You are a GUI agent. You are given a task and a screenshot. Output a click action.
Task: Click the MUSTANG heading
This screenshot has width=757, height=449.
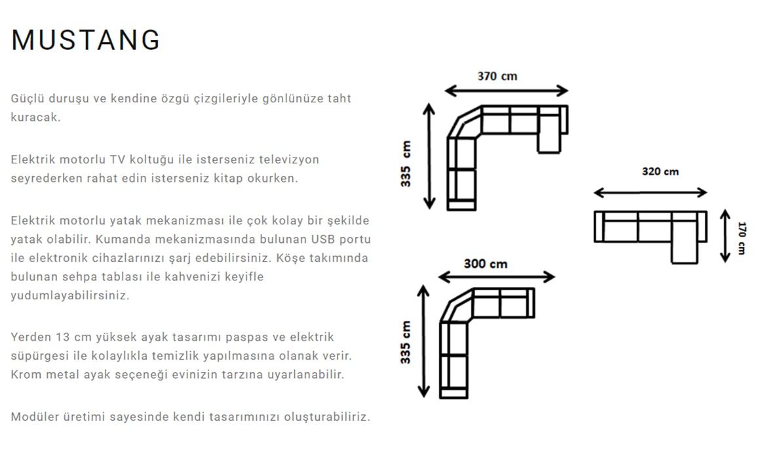[86, 40]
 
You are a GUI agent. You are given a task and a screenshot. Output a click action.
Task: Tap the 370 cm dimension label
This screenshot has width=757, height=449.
[497, 76]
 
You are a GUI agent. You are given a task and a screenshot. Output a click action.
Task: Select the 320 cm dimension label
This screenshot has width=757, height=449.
[660, 172]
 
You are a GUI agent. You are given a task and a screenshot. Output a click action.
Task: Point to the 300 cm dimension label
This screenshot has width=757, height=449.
[485, 264]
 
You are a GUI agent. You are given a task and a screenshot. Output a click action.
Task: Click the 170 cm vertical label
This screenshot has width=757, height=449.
[741, 238]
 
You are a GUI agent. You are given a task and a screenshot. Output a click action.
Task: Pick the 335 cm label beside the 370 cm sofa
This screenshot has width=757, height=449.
[406, 164]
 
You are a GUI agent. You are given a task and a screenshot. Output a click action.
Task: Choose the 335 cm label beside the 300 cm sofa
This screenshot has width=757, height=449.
[406, 342]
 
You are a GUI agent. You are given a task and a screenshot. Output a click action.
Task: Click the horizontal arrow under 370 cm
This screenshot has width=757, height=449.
[506, 91]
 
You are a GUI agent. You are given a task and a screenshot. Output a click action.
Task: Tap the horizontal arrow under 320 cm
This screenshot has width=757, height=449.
[650, 193]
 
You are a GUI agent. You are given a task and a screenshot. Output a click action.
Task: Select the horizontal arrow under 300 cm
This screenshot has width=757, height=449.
[495, 277]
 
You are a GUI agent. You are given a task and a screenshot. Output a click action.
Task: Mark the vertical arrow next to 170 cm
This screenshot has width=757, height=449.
[725, 236]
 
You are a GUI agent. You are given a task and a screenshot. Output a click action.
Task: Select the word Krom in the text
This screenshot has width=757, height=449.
[26, 375]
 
